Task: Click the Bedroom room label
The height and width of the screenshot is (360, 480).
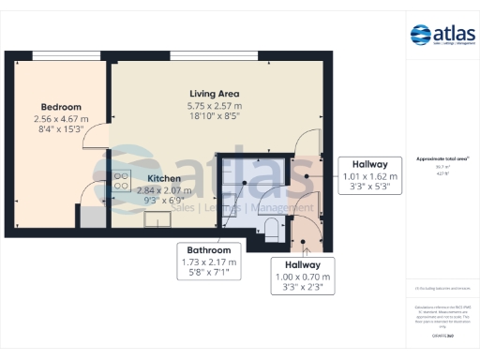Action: (61, 107)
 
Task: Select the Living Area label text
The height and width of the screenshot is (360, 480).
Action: (213, 94)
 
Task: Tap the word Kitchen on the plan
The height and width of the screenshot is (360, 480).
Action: (165, 177)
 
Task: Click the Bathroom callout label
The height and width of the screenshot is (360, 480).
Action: (209, 250)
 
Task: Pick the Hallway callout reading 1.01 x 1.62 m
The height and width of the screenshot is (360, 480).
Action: (370, 163)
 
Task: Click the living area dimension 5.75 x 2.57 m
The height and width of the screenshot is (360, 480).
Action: (213, 106)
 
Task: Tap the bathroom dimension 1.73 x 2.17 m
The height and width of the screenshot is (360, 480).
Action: (209, 262)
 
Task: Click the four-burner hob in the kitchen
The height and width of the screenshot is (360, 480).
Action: (122, 181)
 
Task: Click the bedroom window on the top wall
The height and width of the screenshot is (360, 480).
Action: (59, 53)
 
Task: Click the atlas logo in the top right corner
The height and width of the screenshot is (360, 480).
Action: (443, 36)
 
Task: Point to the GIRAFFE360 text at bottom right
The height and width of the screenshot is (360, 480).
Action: (443, 335)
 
